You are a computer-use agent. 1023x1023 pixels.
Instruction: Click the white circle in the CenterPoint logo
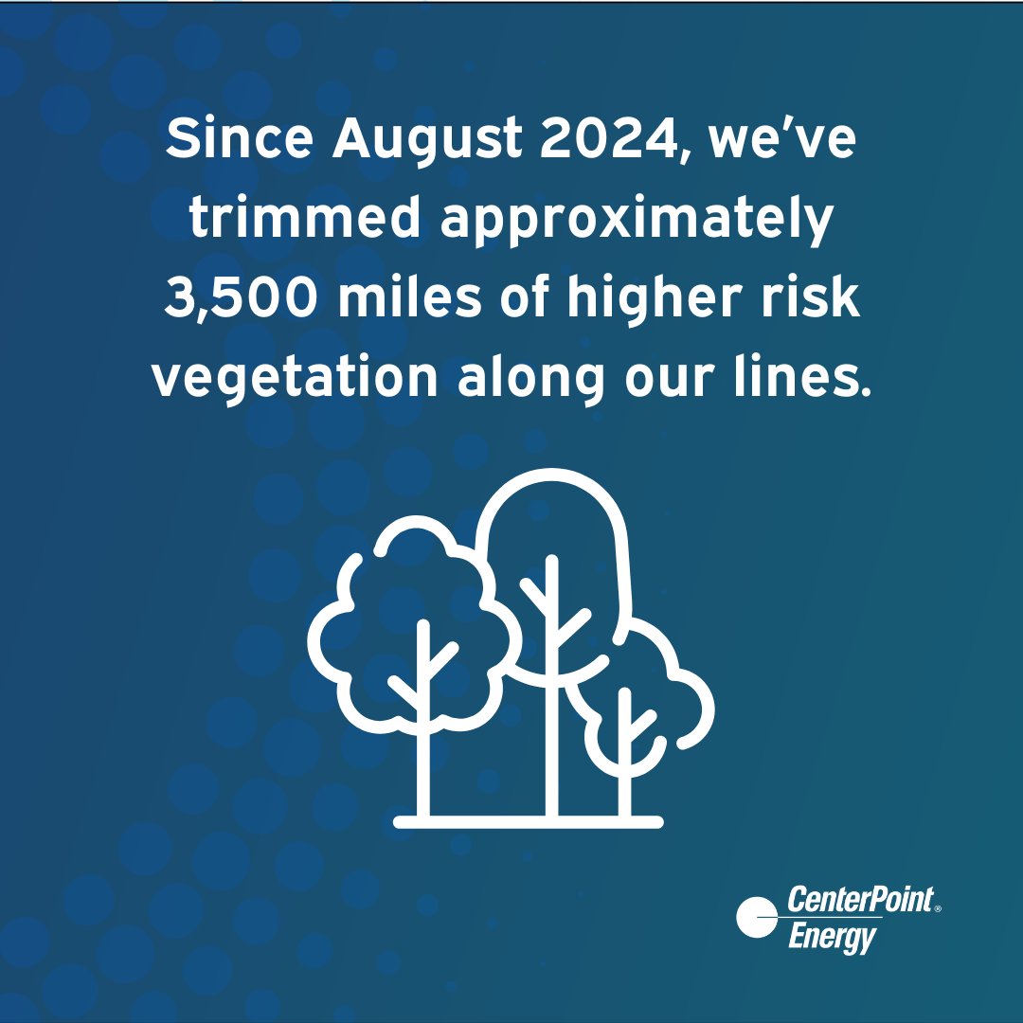(x=758, y=917)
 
